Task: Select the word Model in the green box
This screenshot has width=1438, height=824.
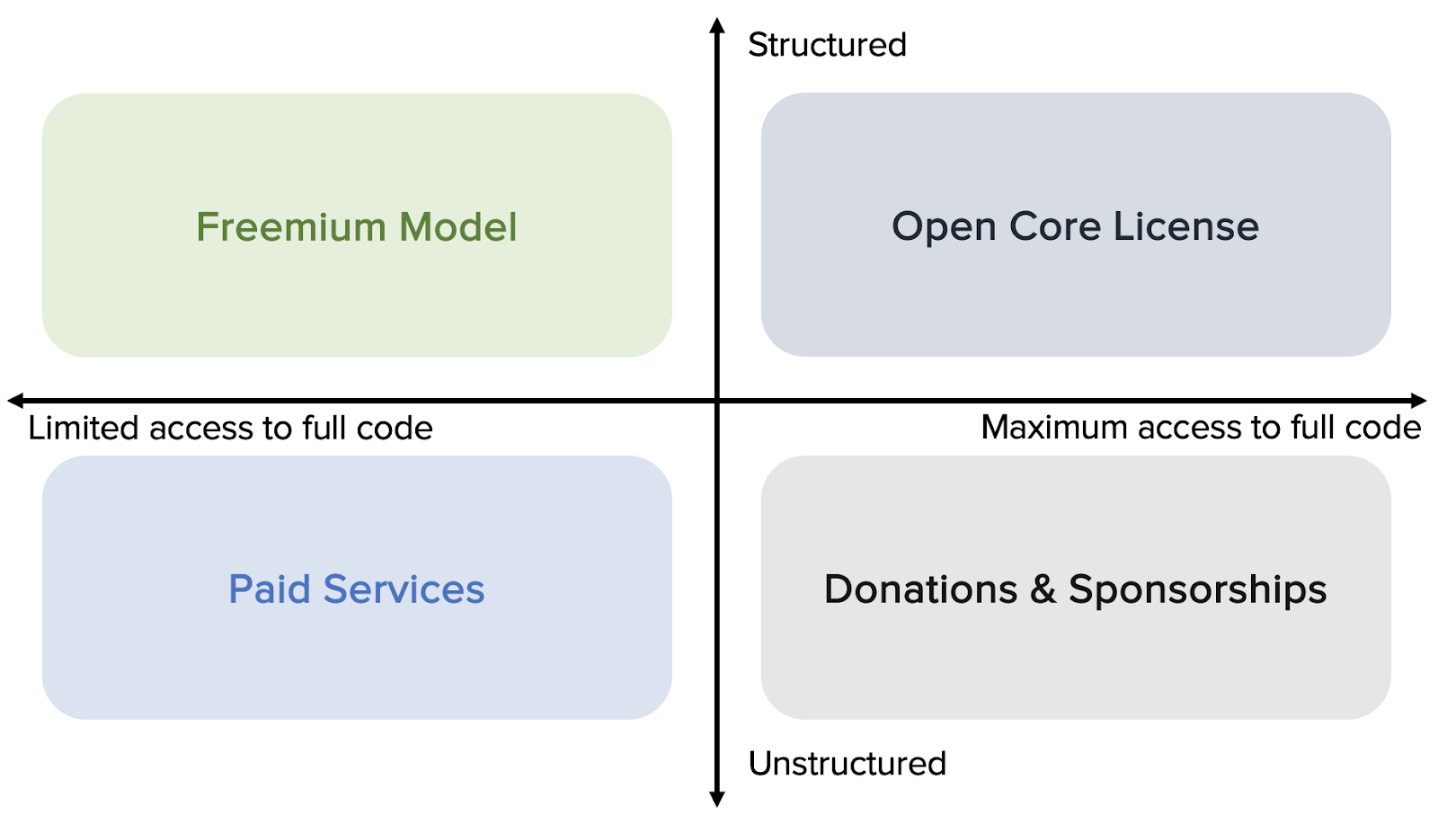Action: click(x=457, y=227)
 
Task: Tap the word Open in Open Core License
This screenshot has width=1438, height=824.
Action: click(x=944, y=228)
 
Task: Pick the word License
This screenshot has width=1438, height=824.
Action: click(x=1186, y=226)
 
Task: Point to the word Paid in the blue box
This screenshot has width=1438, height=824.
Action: click(x=270, y=589)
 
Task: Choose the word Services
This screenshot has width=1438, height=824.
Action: click(x=404, y=589)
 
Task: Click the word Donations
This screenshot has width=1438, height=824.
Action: click(x=920, y=589)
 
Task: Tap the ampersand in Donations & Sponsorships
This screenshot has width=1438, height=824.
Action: click(x=1043, y=589)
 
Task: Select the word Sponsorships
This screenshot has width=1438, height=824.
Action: click(x=1198, y=590)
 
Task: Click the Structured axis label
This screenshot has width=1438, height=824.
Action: click(x=827, y=45)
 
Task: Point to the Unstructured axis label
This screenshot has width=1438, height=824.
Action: click(x=848, y=764)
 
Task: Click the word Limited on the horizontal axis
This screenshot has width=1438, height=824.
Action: click(x=84, y=428)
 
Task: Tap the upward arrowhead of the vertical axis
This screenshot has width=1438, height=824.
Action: click(x=717, y=25)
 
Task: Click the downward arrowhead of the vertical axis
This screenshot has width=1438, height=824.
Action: click(x=717, y=799)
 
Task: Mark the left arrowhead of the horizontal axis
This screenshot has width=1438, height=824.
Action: click(x=15, y=401)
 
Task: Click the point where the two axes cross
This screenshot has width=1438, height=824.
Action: click(x=717, y=401)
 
